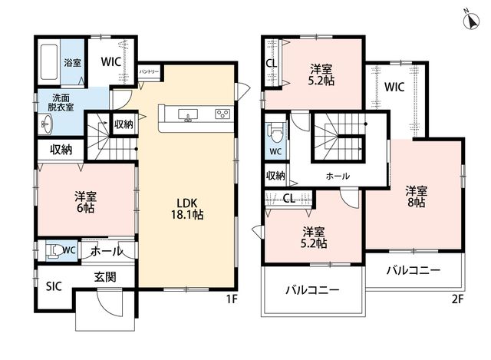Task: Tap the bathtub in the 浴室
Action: [x=49, y=62]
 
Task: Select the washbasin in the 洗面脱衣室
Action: [x=47, y=124]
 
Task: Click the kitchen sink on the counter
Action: [x=188, y=114]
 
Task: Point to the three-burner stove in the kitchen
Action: [x=222, y=114]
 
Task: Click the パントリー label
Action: [x=149, y=72]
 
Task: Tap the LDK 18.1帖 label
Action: [x=187, y=209]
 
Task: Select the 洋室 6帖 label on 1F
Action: [x=85, y=203]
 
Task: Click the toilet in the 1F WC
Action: [x=54, y=250]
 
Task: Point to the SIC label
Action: [x=54, y=286]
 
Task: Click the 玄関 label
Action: [x=105, y=276]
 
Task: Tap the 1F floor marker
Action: [x=232, y=299]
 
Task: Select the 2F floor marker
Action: [x=457, y=299]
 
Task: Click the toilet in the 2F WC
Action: [x=275, y=133]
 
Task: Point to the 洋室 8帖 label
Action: [x=416, y=197]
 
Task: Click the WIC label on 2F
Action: [x=394, y=87]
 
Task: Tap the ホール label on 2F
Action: [x=338, y=176]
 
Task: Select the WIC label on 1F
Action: [x=110, y=61]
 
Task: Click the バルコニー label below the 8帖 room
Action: [x=414, y=270]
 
